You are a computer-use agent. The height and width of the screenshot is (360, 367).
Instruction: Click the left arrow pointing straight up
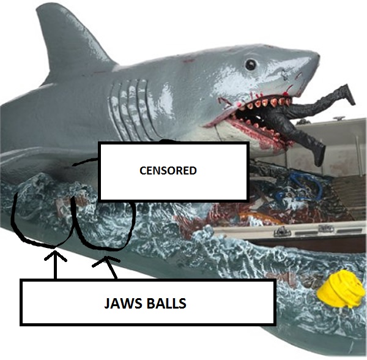pyautogui.click(x=56, y=263)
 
